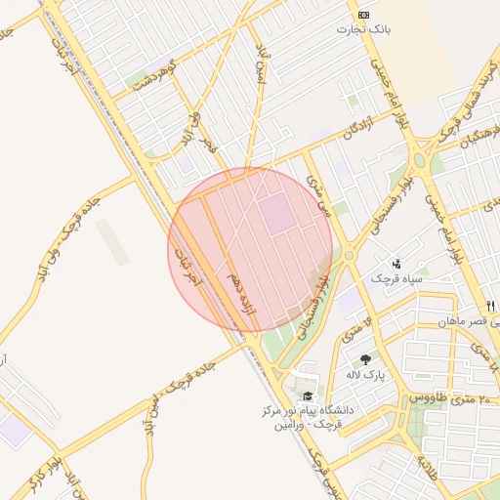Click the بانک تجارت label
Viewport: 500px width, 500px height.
point(364,29)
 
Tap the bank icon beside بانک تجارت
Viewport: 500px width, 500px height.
point(364,15)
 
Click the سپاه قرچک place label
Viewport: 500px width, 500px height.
point(396,279)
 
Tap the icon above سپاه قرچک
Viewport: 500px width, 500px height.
point(396,263)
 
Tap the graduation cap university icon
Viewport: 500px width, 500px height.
point(309,396)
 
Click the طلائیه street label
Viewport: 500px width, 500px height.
point(431,472)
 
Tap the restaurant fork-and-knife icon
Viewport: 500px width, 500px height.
point(490,306)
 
